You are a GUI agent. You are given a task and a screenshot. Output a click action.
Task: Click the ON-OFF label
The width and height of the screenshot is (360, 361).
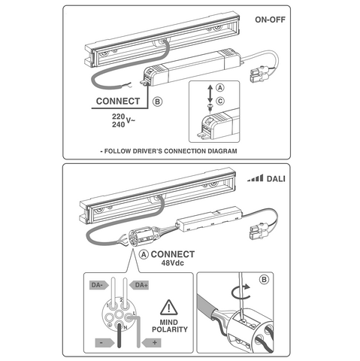pyautogui.click(x=270, y=20)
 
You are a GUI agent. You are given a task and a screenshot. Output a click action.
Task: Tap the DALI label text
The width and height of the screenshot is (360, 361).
pyautogui.click(x=276, y=179)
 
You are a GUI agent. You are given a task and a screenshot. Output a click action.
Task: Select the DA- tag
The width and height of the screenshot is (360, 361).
pyautogui.click(x=99, y=285)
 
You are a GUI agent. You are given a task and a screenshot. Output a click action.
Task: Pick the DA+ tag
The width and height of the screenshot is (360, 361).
pyautogui.click(x=139, y=285)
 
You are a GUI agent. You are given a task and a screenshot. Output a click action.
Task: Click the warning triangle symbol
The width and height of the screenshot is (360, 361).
pyautogui.click(x=169, y=308)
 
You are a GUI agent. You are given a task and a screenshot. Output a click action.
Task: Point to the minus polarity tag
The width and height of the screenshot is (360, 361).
pyautogui.click(x=104, y=343)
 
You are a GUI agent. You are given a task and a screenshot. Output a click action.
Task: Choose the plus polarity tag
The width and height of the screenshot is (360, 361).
pyautogui.click(x=152, y=343)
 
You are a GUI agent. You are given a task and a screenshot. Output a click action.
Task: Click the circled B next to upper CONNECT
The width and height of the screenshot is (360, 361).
pyautogui.click(x=157, y=102)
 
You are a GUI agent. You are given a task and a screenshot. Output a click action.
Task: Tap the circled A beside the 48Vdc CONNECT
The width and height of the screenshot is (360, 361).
pyautogui.click(x=144, y=254)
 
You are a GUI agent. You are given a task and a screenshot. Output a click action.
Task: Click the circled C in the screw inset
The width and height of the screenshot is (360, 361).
pyautogui.click(x=220, y=101)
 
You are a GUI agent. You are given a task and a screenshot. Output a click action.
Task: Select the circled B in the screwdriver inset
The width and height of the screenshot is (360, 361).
pyautogui.click(x=264, y=279)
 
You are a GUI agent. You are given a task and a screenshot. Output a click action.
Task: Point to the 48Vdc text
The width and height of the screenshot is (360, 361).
pyautogui.click(x=173, y=263)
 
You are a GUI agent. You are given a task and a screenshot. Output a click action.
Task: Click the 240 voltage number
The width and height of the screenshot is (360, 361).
pyautogui.click(x=118, y=125)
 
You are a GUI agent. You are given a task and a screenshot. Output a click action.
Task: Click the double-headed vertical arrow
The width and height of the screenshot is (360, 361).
pyautogui.click(x=210, y=93)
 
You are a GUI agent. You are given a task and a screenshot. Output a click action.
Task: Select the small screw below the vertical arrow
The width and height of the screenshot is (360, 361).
pyautogui.click(x=210, y=107)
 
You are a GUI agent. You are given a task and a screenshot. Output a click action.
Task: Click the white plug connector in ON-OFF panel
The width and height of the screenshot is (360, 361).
pyautogui.click(x=259, y=74)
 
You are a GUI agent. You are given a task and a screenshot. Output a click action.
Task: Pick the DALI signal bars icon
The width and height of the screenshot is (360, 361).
pyautogui.click(x=256, y=178)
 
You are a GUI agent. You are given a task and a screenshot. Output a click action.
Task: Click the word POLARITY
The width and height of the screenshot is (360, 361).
pyautogui.click(x=170, y=329)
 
